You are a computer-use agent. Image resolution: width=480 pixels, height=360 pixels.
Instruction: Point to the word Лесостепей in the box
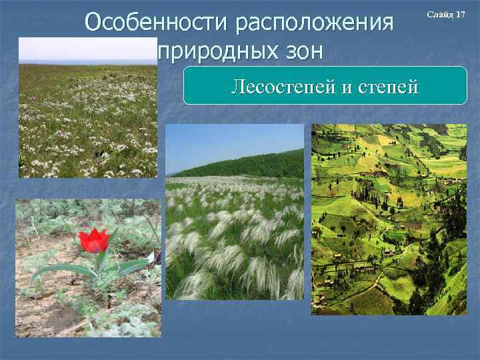coord(281,87)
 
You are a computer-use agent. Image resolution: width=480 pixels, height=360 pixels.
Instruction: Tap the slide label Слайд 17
coord(451,15)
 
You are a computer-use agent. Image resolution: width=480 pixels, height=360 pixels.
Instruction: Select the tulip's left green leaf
coord(63,270)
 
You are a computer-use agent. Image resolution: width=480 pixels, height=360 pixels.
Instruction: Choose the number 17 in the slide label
coord(460,15)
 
